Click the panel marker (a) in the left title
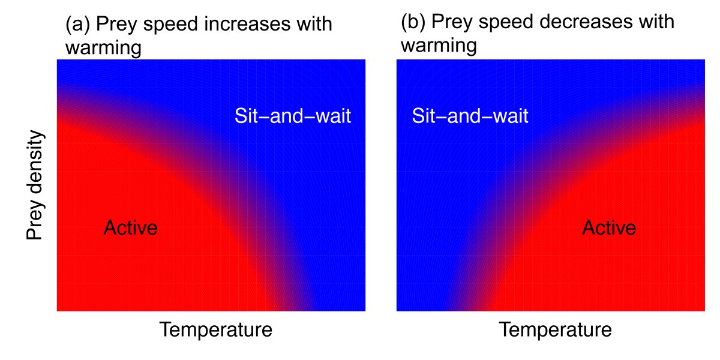point(77,25)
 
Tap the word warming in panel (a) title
point(103,47)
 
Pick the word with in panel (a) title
point(314,25)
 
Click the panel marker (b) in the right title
point(413,22)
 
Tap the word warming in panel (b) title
point(439,45)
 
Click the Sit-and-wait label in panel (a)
point(292,116)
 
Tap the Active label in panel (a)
point(130,228)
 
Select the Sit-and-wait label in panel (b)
point(470,116)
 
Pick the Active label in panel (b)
point(609,228)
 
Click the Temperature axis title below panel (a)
point(215,331)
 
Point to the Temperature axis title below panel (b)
point(556,331)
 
